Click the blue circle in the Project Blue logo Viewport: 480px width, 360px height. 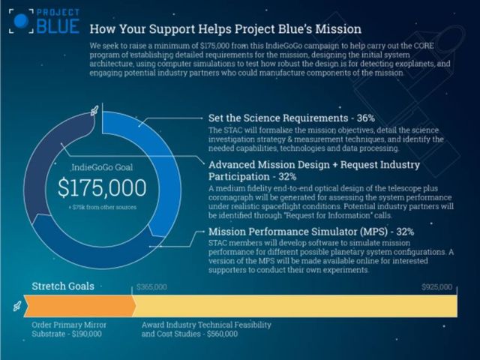21,20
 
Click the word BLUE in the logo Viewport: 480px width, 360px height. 58,26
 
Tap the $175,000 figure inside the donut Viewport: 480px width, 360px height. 102,187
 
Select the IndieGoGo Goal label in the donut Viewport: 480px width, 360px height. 102,167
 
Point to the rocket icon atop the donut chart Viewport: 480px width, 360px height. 94,111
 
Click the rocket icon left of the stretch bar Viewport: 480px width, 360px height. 17,305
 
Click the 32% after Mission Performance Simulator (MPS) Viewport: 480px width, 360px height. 405,232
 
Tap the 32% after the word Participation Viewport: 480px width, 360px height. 287,177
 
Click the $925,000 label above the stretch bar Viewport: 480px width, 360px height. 436,286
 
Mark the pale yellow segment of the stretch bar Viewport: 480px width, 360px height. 295,306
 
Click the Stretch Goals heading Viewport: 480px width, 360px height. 63,286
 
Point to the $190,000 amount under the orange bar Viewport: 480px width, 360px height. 87,334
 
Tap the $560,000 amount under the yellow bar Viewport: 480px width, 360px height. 222,334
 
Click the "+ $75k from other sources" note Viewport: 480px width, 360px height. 103,207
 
